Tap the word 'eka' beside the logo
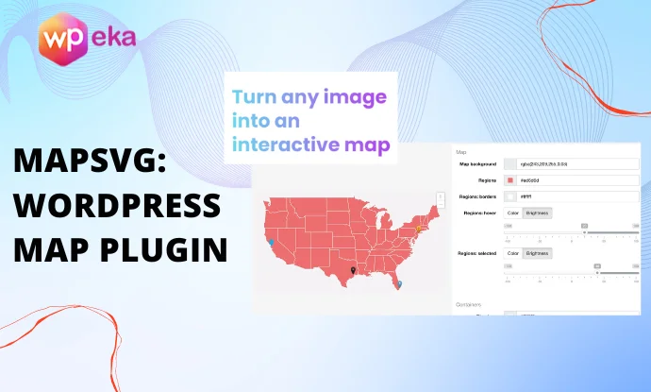click(x=114, y=39)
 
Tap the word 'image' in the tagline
click(x=354, y=97)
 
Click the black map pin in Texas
click(x=353, y=271)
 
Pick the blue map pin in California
click(x=272, y=242)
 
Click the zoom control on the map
click(x=440, y=200)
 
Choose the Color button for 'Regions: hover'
click(x=513, y=213)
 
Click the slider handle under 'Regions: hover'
click(x=584, y=231)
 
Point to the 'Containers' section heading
click(x=469, y=304)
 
